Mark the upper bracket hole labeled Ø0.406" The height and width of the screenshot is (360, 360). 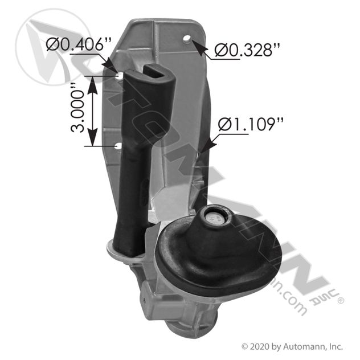tap(118, 75)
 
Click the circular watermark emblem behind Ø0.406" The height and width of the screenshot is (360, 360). tap(51, 46)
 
